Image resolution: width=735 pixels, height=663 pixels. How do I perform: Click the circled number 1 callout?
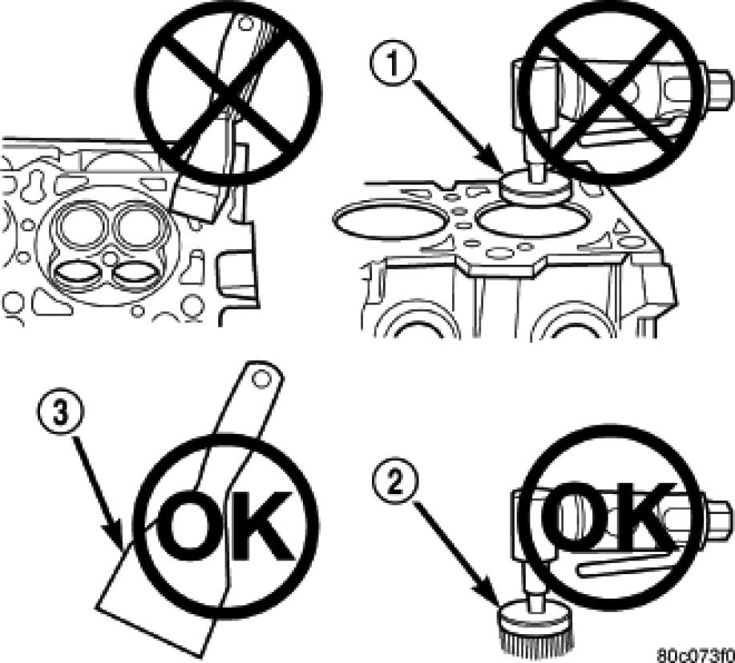pyautogui.click(x=392, y=65)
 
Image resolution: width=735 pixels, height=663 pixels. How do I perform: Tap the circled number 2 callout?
pyautogui.click(x=395, y=482)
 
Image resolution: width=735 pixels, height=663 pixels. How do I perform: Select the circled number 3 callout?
pyautogui.click(x=60, y=414)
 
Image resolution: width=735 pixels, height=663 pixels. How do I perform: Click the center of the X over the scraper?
pyautogui.click(x=228, y=94)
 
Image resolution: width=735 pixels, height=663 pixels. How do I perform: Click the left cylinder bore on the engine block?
pyautogui.click(x=390, y=221)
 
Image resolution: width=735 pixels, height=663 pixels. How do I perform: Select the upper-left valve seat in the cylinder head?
pyautogui.click(x=79, y=226)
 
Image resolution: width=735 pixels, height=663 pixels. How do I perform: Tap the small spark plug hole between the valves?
pyautogui.click(x=109, y=258)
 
